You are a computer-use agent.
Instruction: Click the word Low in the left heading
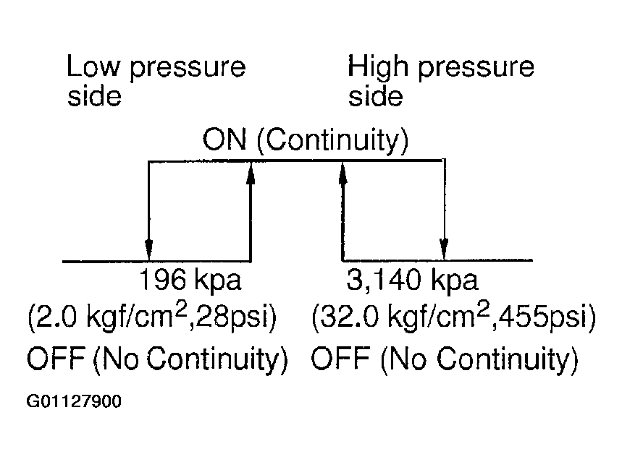[x=93, y=66]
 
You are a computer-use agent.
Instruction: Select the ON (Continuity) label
[x=305, y=140]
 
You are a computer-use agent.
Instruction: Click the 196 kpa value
[x=190, y=279]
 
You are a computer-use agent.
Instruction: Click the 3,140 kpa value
[x=413, y=279]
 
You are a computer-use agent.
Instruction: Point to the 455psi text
[x=545, y=317]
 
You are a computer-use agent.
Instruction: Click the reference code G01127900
[x=74, y=401]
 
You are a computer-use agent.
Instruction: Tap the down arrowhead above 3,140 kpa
[x=445, y=248]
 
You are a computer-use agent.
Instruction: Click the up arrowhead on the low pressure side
[x=251, y=174]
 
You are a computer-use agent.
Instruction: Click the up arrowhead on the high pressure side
[x=343, y=174]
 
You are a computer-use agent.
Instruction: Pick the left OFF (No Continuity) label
[x=157, y=359]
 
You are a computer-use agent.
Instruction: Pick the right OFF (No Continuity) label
[x=445, y=359]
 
